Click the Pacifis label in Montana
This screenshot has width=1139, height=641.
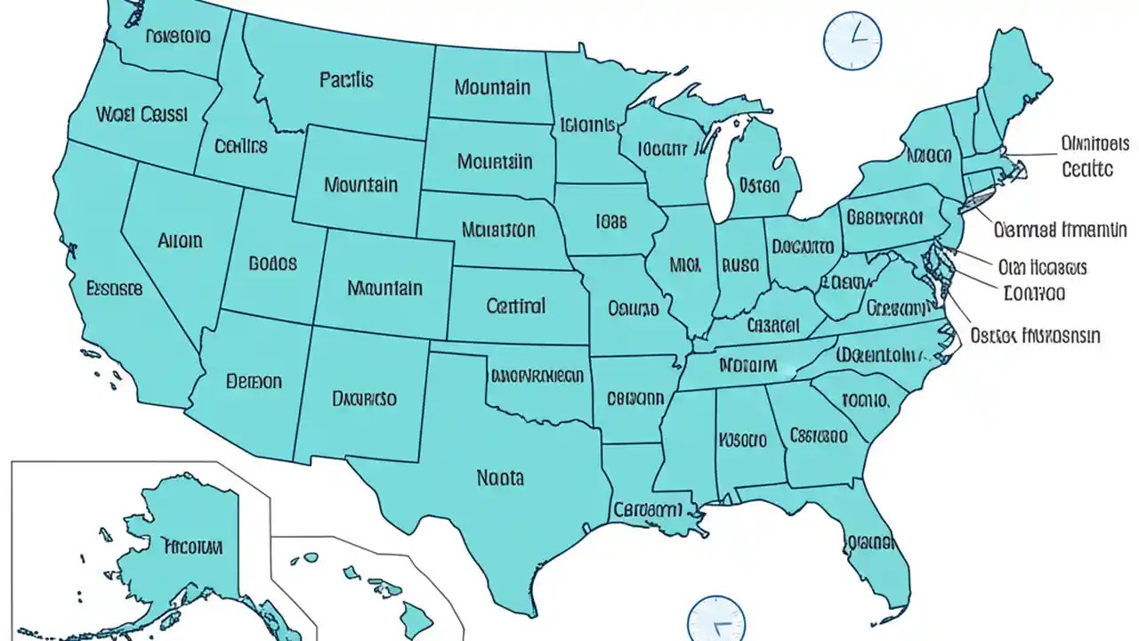[346, 79]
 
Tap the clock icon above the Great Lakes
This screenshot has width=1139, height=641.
[852, 41]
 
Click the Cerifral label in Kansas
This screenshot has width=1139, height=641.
[516, 306]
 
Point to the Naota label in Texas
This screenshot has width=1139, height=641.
[500, 478]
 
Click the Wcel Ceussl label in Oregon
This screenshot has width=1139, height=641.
[141, 115]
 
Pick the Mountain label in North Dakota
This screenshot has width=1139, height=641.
[492, 87]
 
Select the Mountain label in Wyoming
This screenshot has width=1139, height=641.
[360, 185]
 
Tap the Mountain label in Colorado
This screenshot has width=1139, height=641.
[384, 288]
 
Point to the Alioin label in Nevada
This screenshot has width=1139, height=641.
[180, 240]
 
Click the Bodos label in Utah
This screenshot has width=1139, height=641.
[273, 264]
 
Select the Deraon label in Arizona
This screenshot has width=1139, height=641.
[254, 381]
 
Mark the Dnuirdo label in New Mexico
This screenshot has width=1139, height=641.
[364, 399]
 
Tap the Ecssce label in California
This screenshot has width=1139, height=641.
[114, 288]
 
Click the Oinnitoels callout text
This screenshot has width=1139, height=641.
[1095, 143]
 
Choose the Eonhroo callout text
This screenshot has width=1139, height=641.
[1033, 292]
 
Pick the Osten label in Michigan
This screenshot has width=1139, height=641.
[759, 186]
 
